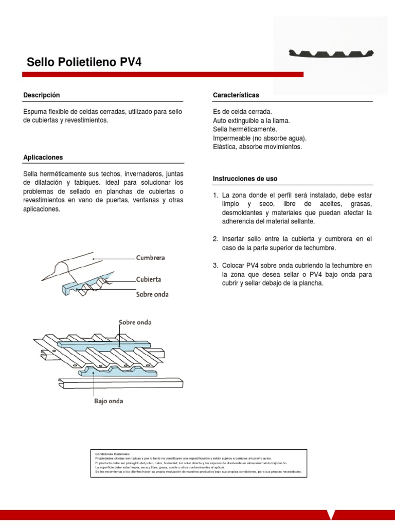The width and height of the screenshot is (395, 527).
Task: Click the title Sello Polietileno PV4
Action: point(83,63)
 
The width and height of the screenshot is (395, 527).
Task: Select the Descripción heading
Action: point(42,95)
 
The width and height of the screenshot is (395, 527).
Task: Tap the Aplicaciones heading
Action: point(43,157)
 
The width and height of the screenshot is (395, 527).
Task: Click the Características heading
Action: point(236,95)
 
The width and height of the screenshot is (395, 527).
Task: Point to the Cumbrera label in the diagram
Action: point(150,257)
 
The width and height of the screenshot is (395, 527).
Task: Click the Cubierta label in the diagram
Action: point(148,279)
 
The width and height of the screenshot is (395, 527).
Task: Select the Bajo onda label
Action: point(109,401)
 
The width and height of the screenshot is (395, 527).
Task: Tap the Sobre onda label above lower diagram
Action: point(135,322)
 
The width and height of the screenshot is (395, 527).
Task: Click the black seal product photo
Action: point(332,53)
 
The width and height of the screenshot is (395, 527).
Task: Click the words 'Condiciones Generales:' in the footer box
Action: point(113,454)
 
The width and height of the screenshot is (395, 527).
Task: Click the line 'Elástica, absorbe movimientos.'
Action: point(257,147)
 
